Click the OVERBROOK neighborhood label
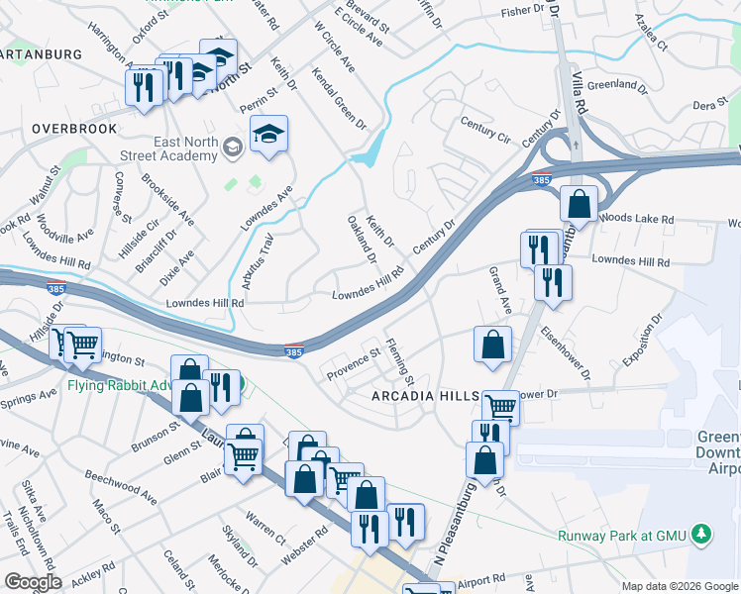click(74, 129)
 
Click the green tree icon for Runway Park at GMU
click(702, 534)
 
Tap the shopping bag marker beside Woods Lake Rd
click(578, 205)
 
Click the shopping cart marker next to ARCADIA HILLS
click(500, 407)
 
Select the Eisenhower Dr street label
click(566, 356)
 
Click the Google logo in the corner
click(32, 582)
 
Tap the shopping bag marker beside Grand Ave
click(492, 346)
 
